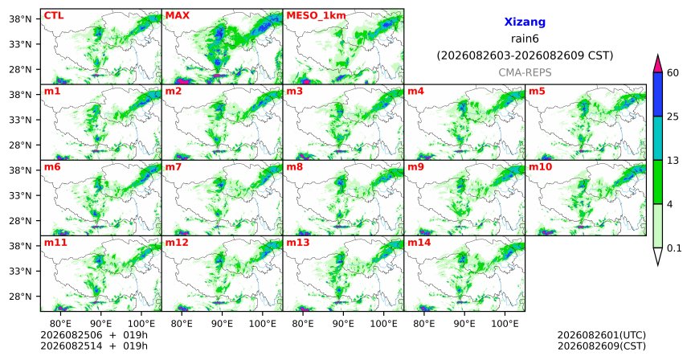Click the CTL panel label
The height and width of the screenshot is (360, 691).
click(x=54, y=15)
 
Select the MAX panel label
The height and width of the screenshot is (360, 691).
click(x=177, y=15)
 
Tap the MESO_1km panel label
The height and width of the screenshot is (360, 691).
click(x=316, y=16)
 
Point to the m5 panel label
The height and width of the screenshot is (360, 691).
click(x=537, y=92)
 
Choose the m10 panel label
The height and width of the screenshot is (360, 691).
click(x=540, y=167)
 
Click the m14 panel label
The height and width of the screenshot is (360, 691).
click(x=419, y=243)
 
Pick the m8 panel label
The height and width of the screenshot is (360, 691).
click(x=294, y=167)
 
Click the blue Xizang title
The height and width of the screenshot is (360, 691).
click(x=525, y=22)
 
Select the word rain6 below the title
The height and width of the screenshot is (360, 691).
click(x=525, y=39)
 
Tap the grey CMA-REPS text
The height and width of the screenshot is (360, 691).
click(x=525, y=72)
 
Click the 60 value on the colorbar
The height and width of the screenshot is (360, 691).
click(x=673, y=72)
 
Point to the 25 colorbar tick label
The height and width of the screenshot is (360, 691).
click(x=673, y=117)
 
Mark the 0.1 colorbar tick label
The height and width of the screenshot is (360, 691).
click(x=674, y=248)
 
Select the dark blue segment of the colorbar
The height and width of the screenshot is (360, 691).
click(x=657, y=94)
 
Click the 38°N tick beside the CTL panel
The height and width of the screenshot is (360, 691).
click(x=20, y=19)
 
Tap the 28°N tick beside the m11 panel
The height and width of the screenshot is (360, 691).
click(x=20, y=296)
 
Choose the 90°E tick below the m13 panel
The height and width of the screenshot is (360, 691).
click(x=343, y=324)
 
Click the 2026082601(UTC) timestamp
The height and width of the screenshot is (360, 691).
click(x=602, y=336)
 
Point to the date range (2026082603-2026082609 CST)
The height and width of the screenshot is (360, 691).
click(x=525, y=56)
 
